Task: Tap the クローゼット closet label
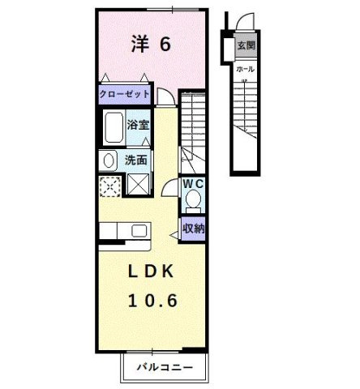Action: (x=125, y=94)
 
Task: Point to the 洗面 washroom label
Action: (x=135, y=160)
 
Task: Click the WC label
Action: (x=192, y=184)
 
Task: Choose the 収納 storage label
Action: (x=193, y=228)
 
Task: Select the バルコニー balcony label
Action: (x=164, y=367)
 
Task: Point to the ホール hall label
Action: (x=244, y=70)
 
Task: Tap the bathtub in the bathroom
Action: (x=114, y=127)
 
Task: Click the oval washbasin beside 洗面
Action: (x=109, y=160)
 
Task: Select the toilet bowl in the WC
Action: (x=192, y=199)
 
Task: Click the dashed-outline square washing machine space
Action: (x=109, y=185)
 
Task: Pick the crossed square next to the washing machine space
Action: (x=137, y=185)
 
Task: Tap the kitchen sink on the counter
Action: (x=137, y=230)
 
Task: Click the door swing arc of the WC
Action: (x=169, y=187)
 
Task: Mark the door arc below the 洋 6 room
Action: (x=165, y=96)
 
